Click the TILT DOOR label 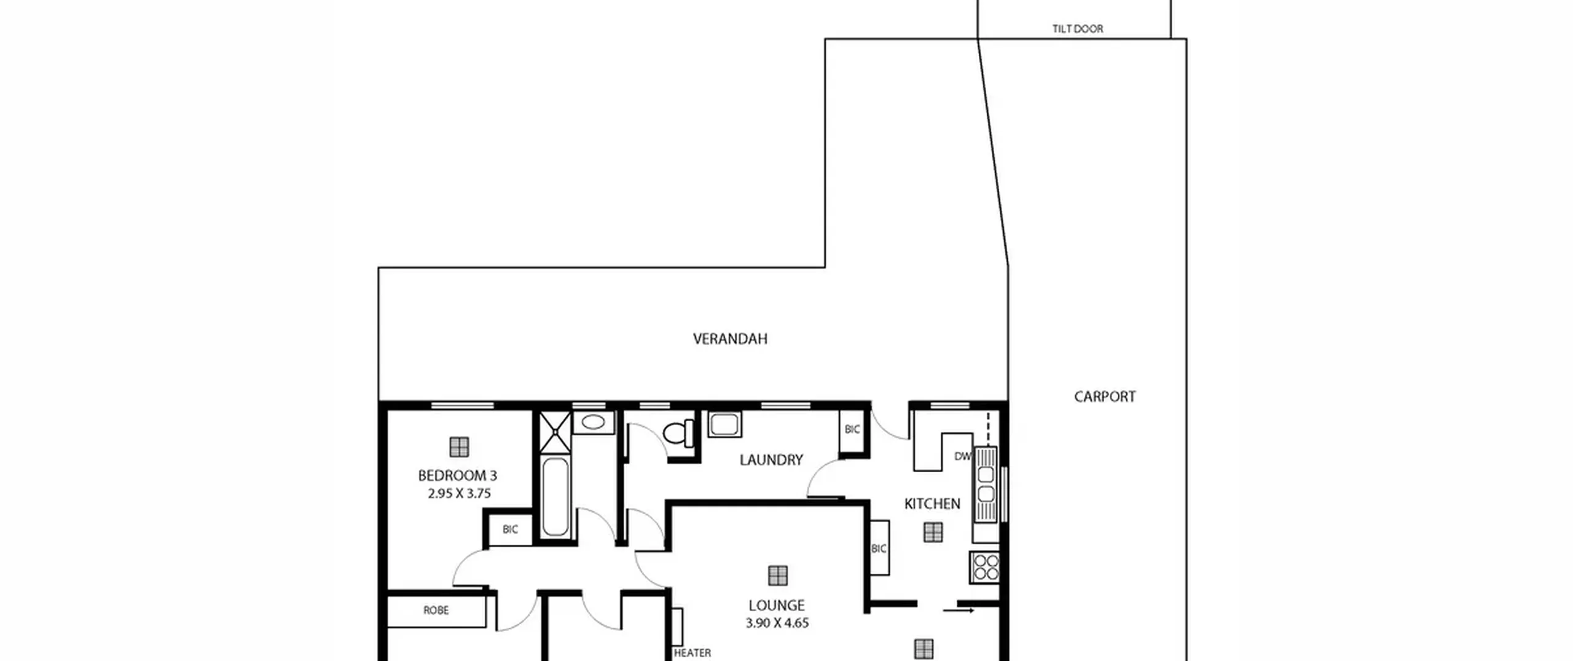1077,29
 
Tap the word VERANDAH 730,339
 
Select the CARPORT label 1105,397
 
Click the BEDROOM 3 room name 457,475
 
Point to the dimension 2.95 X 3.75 459,493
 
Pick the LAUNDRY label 771,460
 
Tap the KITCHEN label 932,504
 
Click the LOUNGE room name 777,605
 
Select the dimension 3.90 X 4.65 777,623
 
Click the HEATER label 692,653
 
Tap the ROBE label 436,610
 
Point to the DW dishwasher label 962,456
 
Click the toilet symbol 679,432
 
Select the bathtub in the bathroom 555,496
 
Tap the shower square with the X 555,432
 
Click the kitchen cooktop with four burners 986,568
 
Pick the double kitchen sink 986,485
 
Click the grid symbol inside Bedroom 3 459,447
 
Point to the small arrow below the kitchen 959,611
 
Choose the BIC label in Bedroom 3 510,529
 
